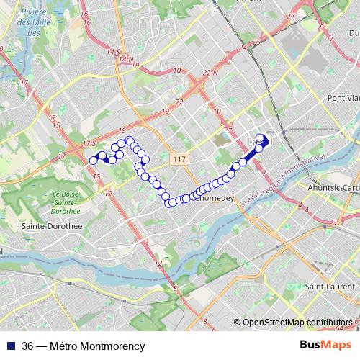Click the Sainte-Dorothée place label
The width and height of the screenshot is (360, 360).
[53, 225]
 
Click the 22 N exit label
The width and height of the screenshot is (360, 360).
[210, 73]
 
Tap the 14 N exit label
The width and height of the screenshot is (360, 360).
[127, 58]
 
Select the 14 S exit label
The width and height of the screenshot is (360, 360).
[112, 52]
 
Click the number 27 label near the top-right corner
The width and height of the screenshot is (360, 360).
[290, 15]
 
